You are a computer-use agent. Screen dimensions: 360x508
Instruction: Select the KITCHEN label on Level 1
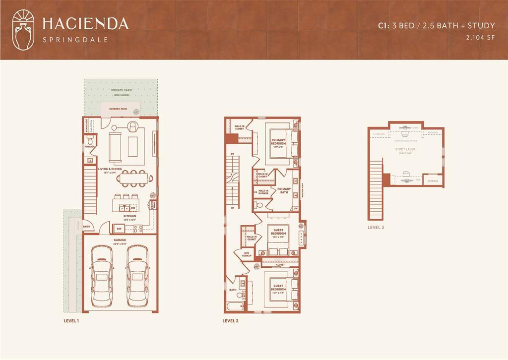click(x=130, y=216)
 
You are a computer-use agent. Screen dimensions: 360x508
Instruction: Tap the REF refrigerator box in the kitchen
click(x=119, y=229)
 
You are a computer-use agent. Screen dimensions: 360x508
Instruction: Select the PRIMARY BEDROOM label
click(x=278, y=142)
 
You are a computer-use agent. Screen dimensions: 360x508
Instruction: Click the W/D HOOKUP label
click(x=247, y=255)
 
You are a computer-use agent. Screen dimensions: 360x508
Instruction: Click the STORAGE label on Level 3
click(x=433, y=181)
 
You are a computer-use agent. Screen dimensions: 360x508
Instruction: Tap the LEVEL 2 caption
click(x=230, y=321)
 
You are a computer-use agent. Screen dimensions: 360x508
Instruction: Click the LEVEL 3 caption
click(x=376, y=227)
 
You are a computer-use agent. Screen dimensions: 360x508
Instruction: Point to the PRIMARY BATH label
click(x=284, y=190)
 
